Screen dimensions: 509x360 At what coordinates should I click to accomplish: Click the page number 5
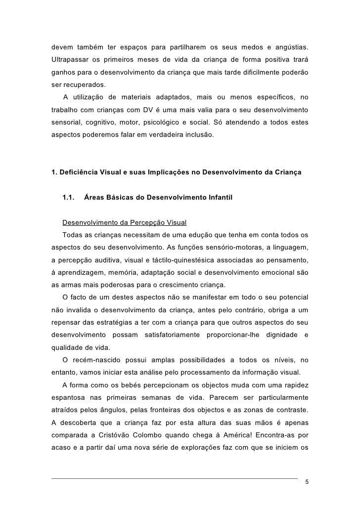tap(307, 482)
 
